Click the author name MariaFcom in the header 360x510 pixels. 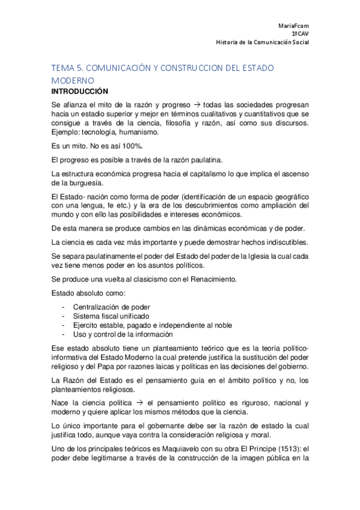click(x=293, y=26)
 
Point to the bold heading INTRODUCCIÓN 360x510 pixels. click(x=79, y=91)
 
